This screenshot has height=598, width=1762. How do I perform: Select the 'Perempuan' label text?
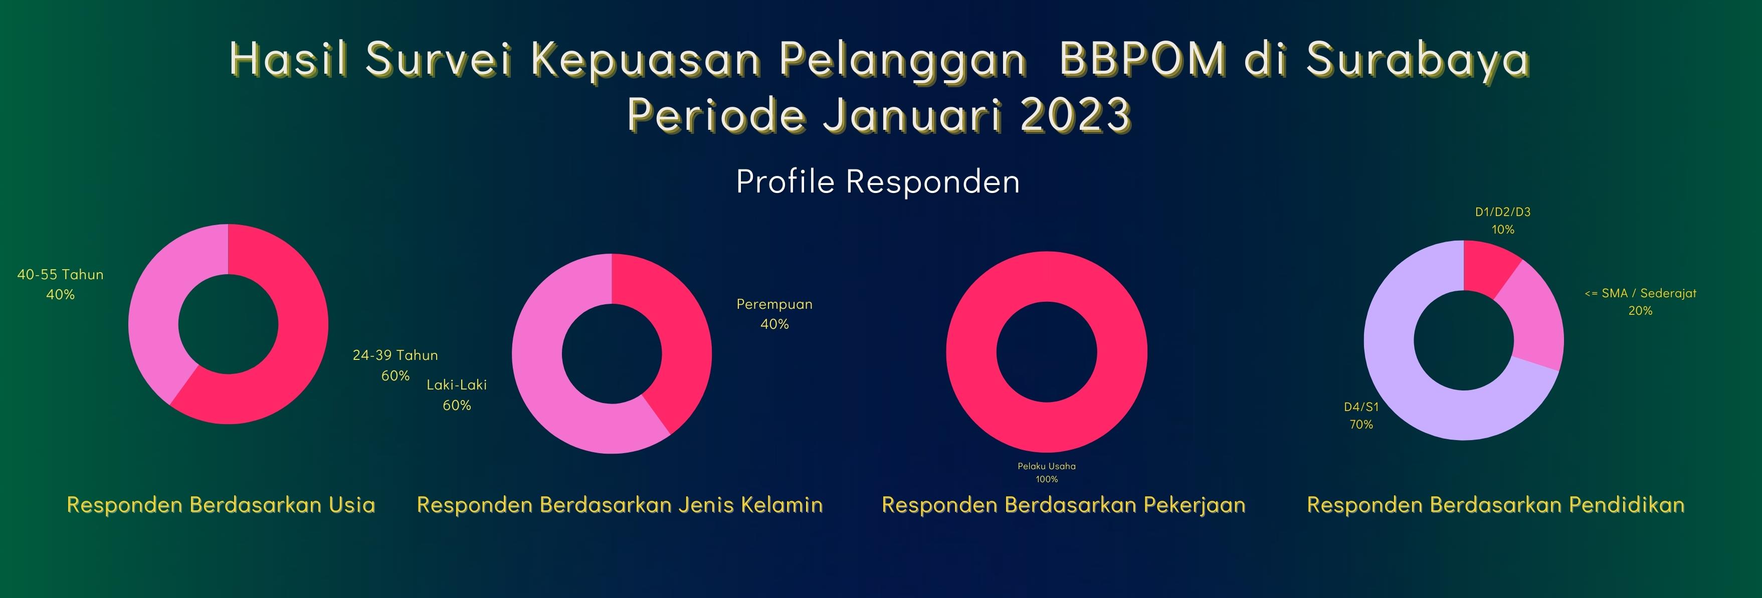(774, 304)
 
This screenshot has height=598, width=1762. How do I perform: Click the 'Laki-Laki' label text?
(457, 384)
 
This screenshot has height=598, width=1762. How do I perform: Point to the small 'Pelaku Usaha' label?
(1047, 466)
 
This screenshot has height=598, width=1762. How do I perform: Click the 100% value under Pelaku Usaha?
(1047, 479)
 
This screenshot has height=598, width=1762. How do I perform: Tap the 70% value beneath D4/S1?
(1361, 424)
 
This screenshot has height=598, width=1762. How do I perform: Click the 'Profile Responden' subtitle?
(878, 182)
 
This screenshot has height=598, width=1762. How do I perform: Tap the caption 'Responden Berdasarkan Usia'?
(221, 505)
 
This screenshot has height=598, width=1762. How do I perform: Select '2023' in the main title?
(1076, 114)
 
